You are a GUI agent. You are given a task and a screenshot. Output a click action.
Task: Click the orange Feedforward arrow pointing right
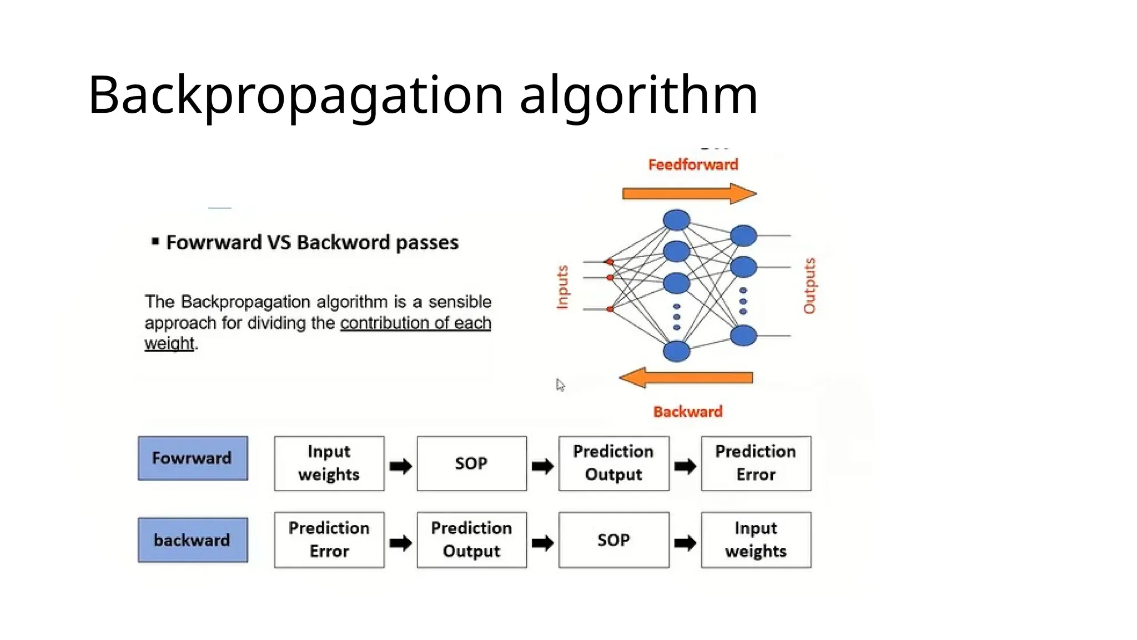[688, 194]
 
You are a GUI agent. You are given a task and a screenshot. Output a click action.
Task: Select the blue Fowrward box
[193, 458]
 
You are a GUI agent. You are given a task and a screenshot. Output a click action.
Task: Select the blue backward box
[193, 540]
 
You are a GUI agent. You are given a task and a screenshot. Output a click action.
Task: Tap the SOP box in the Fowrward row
[471, 463]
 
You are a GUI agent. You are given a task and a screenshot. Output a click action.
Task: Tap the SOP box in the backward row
[613, 540]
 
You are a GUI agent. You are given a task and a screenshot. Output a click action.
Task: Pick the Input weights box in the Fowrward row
[329, 463]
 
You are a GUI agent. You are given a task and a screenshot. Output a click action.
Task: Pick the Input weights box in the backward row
[756, 540]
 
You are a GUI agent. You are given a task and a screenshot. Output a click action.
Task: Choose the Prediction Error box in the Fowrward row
[756, 463]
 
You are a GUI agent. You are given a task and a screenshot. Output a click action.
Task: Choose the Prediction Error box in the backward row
[329, 540]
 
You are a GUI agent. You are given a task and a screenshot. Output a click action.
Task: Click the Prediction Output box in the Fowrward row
[613, 463]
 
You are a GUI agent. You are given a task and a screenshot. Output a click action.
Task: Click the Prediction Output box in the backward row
[471, 540]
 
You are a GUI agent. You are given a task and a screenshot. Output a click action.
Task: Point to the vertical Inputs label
[562, 287]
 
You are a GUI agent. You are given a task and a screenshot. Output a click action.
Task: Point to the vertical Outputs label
[809, 286]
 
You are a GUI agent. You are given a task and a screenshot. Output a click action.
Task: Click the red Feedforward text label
[693, 164]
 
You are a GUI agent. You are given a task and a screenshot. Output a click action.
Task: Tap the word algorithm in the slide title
[638, 96]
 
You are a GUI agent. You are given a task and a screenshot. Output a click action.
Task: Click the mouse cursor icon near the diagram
[560, 385]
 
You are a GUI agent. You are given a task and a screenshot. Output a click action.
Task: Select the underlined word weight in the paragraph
[169, 343]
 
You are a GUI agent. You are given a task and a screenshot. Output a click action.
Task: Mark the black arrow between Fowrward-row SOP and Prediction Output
[542, 466]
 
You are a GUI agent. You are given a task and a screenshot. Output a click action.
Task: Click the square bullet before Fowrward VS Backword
[155, 242]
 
